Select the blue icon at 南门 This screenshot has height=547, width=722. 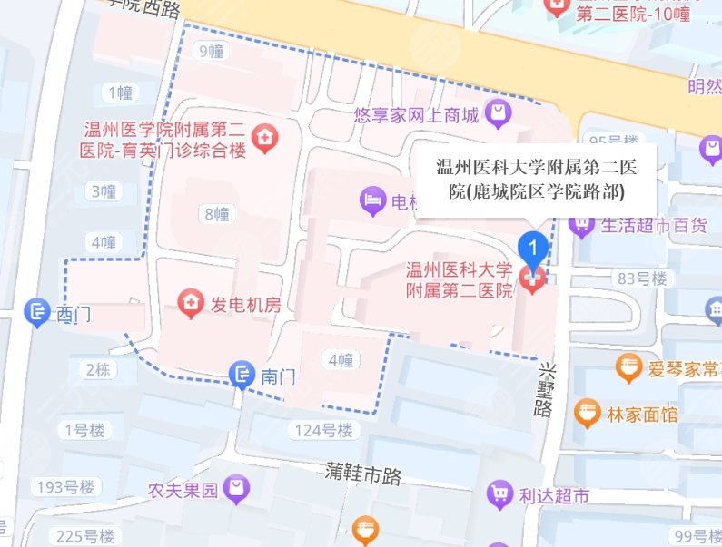(x=242, y=372)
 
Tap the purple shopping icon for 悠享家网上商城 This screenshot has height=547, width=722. (x=499, y=114)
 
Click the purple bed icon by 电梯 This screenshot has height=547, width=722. (x=372, y=200)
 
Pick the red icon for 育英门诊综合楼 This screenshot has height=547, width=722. (x=265, y=138)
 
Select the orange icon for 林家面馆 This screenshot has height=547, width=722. (x=588, y=414)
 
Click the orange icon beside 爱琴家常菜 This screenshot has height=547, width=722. (x=628, y=368)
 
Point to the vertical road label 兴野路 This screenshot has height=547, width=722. (x=543, y=390)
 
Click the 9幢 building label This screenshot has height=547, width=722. (x=212, y=51)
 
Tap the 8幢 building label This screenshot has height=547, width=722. (x=216, y=214)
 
